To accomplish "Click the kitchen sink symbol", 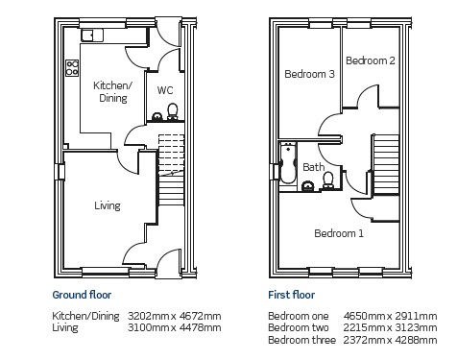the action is point(92,36).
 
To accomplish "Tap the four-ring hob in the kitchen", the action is point(72,68).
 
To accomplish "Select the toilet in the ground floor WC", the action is point(173,111).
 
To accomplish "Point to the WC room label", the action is point(165,90).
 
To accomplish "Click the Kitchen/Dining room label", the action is point(112,91).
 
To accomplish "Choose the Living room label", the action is point(108,205).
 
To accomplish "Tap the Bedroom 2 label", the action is point(371,60).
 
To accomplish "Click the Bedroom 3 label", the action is point(309,74).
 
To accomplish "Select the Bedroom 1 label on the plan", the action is point(339,233).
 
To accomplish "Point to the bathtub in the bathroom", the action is point(288,163).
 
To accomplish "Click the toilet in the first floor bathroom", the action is point(328,180).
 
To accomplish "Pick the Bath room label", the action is point(314,167).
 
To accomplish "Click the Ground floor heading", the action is point(82,295).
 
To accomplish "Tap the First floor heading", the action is point(292,295).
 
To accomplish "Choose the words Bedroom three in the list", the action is point(301,340).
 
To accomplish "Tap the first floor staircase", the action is point(386,164).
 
